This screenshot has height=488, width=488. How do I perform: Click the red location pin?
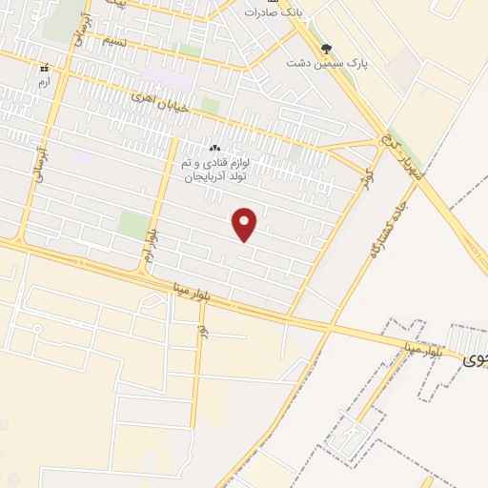click(x=246, y=225)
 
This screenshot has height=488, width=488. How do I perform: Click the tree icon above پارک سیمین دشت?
click(x=327, y=47)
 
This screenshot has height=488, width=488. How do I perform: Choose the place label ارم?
click(x=43, y=82)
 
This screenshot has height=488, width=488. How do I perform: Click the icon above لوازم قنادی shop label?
click(x=214, y=149)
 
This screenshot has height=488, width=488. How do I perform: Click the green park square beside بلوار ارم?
click(x=134, y=225)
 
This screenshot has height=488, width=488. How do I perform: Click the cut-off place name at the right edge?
click(x=474, y=361)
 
